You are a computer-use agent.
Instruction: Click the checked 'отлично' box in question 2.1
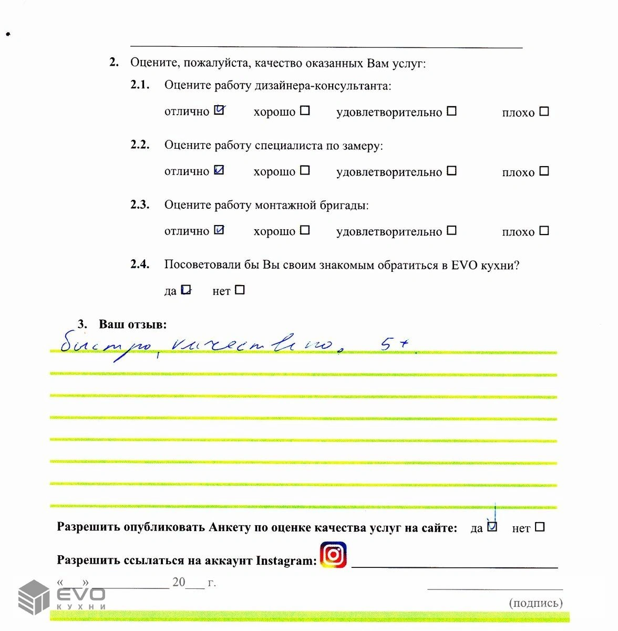pos(220,110)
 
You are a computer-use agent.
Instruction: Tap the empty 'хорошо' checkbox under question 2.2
pos(305,170)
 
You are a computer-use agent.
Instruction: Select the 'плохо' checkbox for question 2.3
pos(544,230)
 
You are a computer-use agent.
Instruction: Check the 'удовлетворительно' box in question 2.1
pos(451,111)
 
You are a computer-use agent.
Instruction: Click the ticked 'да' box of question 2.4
pos(186,290)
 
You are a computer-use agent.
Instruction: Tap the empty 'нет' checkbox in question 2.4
pos(240,290)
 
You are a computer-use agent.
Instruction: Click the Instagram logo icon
pos(334,555)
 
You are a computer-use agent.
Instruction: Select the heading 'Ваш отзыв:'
pos(132,324)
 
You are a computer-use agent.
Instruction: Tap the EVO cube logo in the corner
pos(34,597)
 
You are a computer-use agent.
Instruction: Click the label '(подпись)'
pos(535,603)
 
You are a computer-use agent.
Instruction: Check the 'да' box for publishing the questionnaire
pos(492,526)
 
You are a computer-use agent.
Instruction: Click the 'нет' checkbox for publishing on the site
pos(539,526)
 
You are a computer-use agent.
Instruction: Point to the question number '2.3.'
pos(140,205)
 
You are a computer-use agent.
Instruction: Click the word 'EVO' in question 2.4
pos(464,265)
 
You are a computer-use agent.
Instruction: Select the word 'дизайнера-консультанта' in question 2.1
pos(323,85)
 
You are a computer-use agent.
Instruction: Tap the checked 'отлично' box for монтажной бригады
pos(220,230)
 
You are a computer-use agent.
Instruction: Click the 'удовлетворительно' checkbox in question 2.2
pos(451,170)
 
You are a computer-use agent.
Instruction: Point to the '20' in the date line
pos(179,582)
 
